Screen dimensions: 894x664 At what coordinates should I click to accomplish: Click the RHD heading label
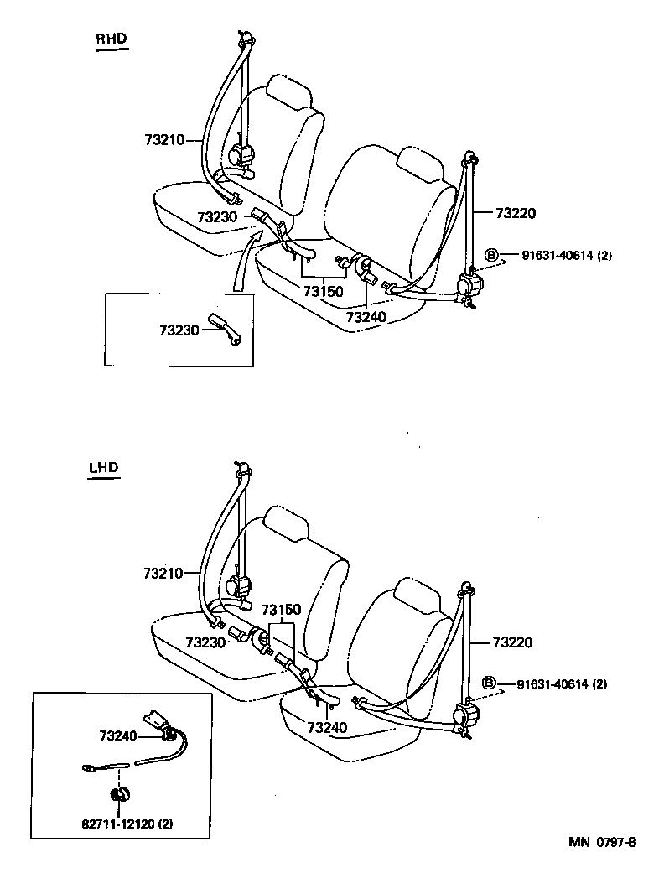click(x=111, y=39)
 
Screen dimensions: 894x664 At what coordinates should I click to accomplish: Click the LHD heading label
click(x=104, y=468)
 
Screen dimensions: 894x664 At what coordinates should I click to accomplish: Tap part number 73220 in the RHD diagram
click(x=515, y=213)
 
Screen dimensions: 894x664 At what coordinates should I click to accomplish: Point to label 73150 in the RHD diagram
click(x=323, y=289)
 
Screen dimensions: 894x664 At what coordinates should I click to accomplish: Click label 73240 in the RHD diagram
click(x=366, y=317)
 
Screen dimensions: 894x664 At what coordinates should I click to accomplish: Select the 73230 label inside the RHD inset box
click(x=179, y=330)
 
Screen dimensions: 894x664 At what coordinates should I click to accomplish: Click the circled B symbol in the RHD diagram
click(x=492, y=256)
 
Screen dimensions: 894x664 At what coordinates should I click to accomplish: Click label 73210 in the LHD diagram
click(x=163, y=574)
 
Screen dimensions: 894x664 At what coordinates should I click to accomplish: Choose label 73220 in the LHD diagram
click(x=512, y=642)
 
